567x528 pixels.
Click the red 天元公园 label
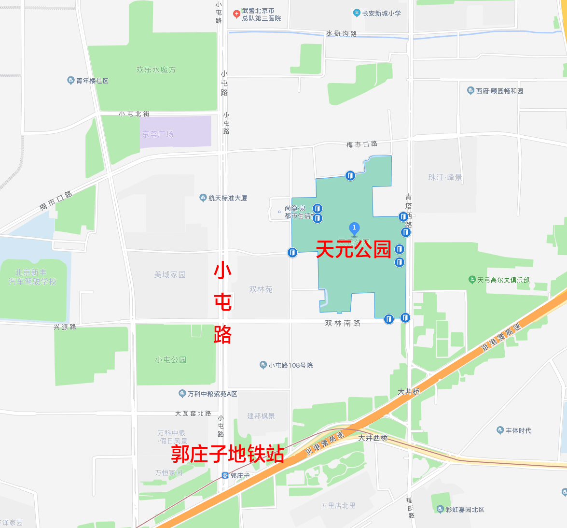click(x=353, y=250)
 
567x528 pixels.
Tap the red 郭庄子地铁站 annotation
click(x=227, y=454)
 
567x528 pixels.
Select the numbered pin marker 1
click(x=354, y=228)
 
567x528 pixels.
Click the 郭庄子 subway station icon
click(x=225, y=476)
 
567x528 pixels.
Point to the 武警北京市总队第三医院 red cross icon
click(x=236, y=14)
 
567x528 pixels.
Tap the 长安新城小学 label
click(x=381, y=13)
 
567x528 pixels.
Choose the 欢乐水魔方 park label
click(x=156, y=70)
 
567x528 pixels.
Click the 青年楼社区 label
click(x=92, y=81)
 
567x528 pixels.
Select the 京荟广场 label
click(x=158, y=134)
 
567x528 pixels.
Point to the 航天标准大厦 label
click(x=228, y=198)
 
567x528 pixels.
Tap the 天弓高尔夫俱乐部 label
click(x=503, y=280)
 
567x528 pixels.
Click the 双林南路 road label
click(x=343, y=323)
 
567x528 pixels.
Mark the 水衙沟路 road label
click(x=341, y=34)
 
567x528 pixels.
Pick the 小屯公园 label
click(x=171, y=360)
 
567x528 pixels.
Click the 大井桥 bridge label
click(x=409, y=392)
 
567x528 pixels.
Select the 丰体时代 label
click(x=518, y=430)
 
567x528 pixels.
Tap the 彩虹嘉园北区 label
click(x=465, y=509)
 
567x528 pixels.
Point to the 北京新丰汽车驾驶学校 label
click(x=32, y=277)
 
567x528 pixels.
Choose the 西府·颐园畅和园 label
click(x=499, y=91)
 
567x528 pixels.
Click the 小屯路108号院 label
click(x=290, y=365)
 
